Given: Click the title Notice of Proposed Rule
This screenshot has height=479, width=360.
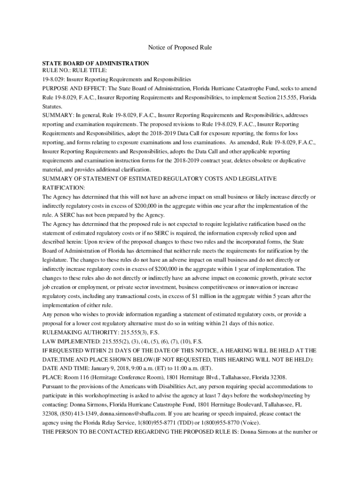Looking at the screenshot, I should click(180, 47).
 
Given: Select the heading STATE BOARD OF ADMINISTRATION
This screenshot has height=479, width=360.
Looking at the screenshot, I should click(95, 63).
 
